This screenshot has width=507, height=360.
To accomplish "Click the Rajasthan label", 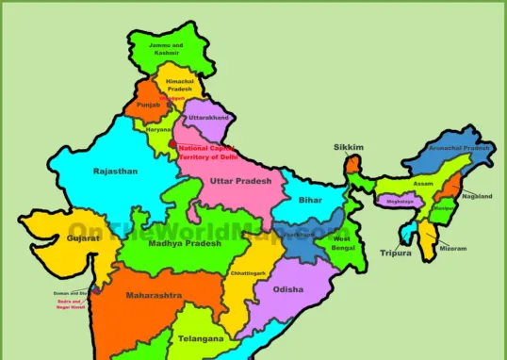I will (115, 172).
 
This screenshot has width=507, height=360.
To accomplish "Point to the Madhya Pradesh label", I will (185, 243).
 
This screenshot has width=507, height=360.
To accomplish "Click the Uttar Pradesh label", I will (240, 180).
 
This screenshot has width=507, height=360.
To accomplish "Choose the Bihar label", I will (310, 200).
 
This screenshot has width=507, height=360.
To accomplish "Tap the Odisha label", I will (288, 289).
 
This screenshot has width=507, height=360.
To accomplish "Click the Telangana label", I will (202, 337).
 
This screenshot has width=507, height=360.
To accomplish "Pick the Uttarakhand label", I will (209, 118).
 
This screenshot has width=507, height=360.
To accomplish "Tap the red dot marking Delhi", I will (172, 145).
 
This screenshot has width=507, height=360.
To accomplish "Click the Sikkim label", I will (348, 148).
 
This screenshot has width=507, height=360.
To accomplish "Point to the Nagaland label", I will (477, 196).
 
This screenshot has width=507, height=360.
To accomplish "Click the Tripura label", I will (395, 253).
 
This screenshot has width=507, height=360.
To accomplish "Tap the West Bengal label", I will (341, 243).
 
